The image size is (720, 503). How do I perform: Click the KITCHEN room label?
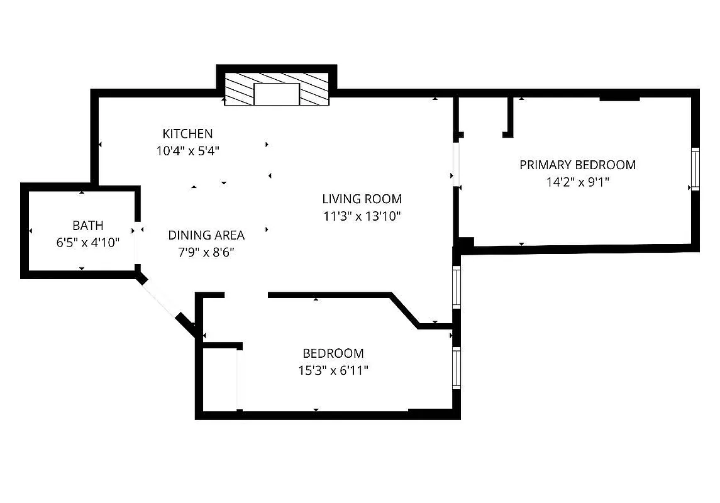(x=187, y=133)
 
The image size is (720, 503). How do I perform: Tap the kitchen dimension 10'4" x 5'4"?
(x=187, y=151)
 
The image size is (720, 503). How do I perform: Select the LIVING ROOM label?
(x=362, y=199)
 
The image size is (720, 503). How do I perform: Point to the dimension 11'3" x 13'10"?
(x=362, y=216)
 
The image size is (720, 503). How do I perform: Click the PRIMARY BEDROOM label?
(x=577, y=165)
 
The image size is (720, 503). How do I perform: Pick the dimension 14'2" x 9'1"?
(x=577, y=182)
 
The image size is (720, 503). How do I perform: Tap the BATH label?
(x=87, y=225)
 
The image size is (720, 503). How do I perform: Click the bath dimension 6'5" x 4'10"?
(x=87, y=242)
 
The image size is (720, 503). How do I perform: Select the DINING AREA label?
(x=206, y=235)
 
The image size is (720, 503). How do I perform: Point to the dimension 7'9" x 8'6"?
(x=206, y=252)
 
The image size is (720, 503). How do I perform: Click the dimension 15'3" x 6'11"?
(x=333, y=370)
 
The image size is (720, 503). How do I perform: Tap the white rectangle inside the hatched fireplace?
(x=276, y=94)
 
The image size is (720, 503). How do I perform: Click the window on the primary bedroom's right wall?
(x=695, y=169)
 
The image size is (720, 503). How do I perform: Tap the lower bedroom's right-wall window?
(x=457, y=368)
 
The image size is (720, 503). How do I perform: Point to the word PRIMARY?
(x=544, y=165)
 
